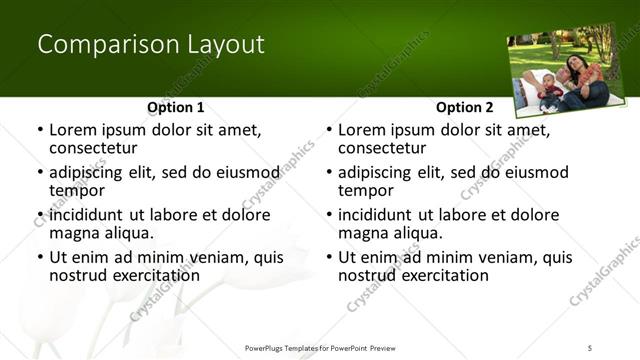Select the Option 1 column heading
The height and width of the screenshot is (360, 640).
point(176,107)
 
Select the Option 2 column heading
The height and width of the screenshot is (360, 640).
point(465,107)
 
